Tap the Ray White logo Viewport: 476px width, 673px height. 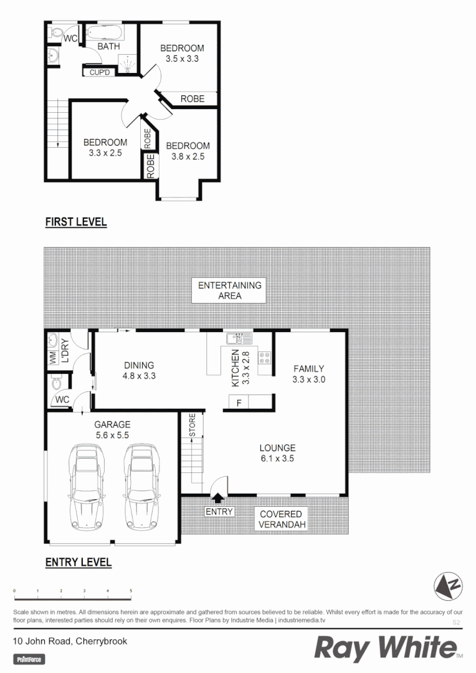(x=386, y=649)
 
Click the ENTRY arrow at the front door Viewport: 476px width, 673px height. (x=218, y=497)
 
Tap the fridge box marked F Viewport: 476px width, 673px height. (x=239, y=403)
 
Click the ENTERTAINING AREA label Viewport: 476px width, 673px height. (x=230, y=290)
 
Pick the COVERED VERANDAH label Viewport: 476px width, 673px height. (x=280, y=520)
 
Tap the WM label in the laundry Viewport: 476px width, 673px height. (x=53, y=358)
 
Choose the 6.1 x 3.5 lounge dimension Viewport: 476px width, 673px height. (x=278, y=458)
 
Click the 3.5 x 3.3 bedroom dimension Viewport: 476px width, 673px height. (x=182, y=59)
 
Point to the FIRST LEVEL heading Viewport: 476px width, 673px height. (x=76, y=222)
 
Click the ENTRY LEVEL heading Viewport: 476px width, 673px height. (x=79, y=562)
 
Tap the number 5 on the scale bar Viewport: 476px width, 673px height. (x=131, y=590)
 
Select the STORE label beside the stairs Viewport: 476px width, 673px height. (x=193, y=425)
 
